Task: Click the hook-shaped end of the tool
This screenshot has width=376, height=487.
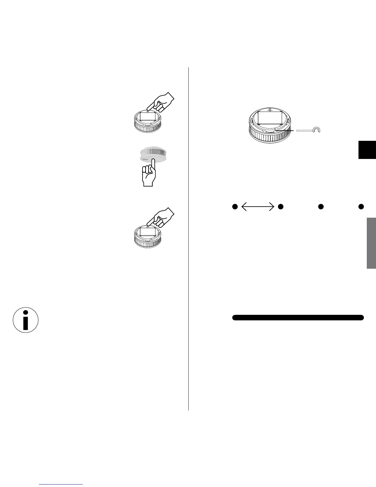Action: [316, 130]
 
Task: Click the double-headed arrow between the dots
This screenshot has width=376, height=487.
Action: [257, 207]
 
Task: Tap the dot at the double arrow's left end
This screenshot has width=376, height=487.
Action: [235, 207]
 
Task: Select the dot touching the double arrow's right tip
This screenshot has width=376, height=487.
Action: [280, 207]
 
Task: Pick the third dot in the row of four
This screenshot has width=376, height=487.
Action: [321, 207]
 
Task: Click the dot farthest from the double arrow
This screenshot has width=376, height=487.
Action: [361, 207]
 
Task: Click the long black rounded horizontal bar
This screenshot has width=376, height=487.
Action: [298, 317]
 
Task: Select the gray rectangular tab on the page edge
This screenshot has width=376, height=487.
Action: [371, 243]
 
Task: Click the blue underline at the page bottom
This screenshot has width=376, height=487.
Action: [61, 484]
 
